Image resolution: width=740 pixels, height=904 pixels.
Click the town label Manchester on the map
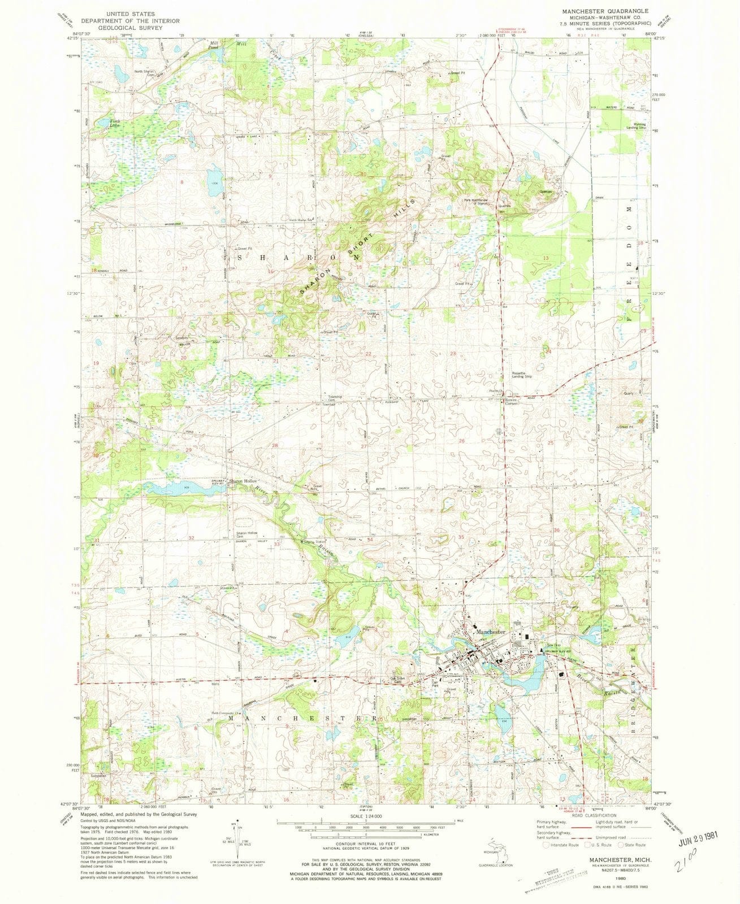[x=490, y=631]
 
